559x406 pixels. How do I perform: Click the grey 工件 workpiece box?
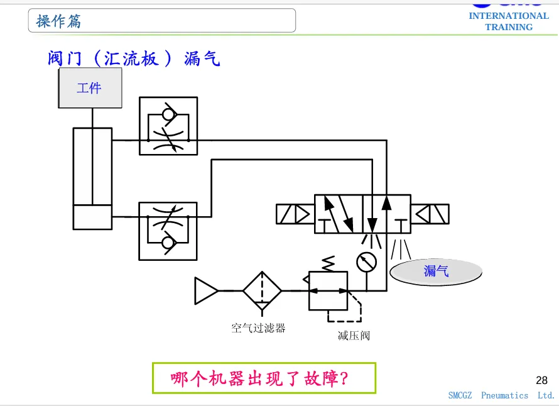point(90,88)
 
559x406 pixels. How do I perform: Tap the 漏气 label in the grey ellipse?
point(436,271)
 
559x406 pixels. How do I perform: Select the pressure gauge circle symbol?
point(366,262)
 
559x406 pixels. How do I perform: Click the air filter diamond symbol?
point(262,291)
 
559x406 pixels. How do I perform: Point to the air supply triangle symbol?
point(206,291)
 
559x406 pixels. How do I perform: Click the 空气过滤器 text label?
point(258,328)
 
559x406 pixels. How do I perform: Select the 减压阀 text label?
point(354,336)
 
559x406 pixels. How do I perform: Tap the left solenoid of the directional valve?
point(295,214)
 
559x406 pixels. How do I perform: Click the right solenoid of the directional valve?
point(430,214)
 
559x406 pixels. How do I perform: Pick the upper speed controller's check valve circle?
point(168,114)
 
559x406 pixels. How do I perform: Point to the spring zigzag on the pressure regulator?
point(328,264)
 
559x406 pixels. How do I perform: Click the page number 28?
point(541,380)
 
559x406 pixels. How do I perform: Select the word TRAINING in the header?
point(509,27)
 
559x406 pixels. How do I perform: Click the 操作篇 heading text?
point(58,21)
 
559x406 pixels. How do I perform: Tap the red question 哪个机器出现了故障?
point(259,378)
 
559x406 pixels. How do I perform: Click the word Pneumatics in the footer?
point(504,395)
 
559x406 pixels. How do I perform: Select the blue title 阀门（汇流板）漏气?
point(134,58)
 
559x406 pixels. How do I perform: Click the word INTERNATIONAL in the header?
point(509,16)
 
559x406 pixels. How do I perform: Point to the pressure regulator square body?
point(328,291)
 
